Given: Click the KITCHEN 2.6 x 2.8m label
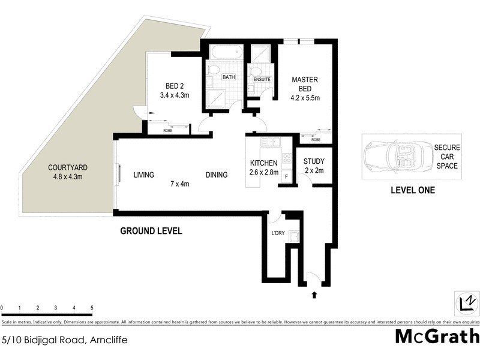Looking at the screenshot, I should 263,167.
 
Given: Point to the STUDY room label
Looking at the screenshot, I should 313,166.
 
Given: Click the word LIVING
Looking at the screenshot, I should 144,175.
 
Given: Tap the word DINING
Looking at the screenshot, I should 217,175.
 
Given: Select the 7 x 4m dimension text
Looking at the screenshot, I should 179,184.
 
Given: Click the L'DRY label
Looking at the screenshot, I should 277,232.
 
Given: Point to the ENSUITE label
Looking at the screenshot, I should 262,79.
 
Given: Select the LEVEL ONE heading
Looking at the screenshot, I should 412,191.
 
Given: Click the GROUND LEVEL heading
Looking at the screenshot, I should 151,230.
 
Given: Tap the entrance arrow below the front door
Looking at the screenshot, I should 314,295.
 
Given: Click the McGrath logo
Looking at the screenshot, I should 437,336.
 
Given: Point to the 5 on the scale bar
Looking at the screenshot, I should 92,307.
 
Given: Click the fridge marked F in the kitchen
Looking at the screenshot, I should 286,177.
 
